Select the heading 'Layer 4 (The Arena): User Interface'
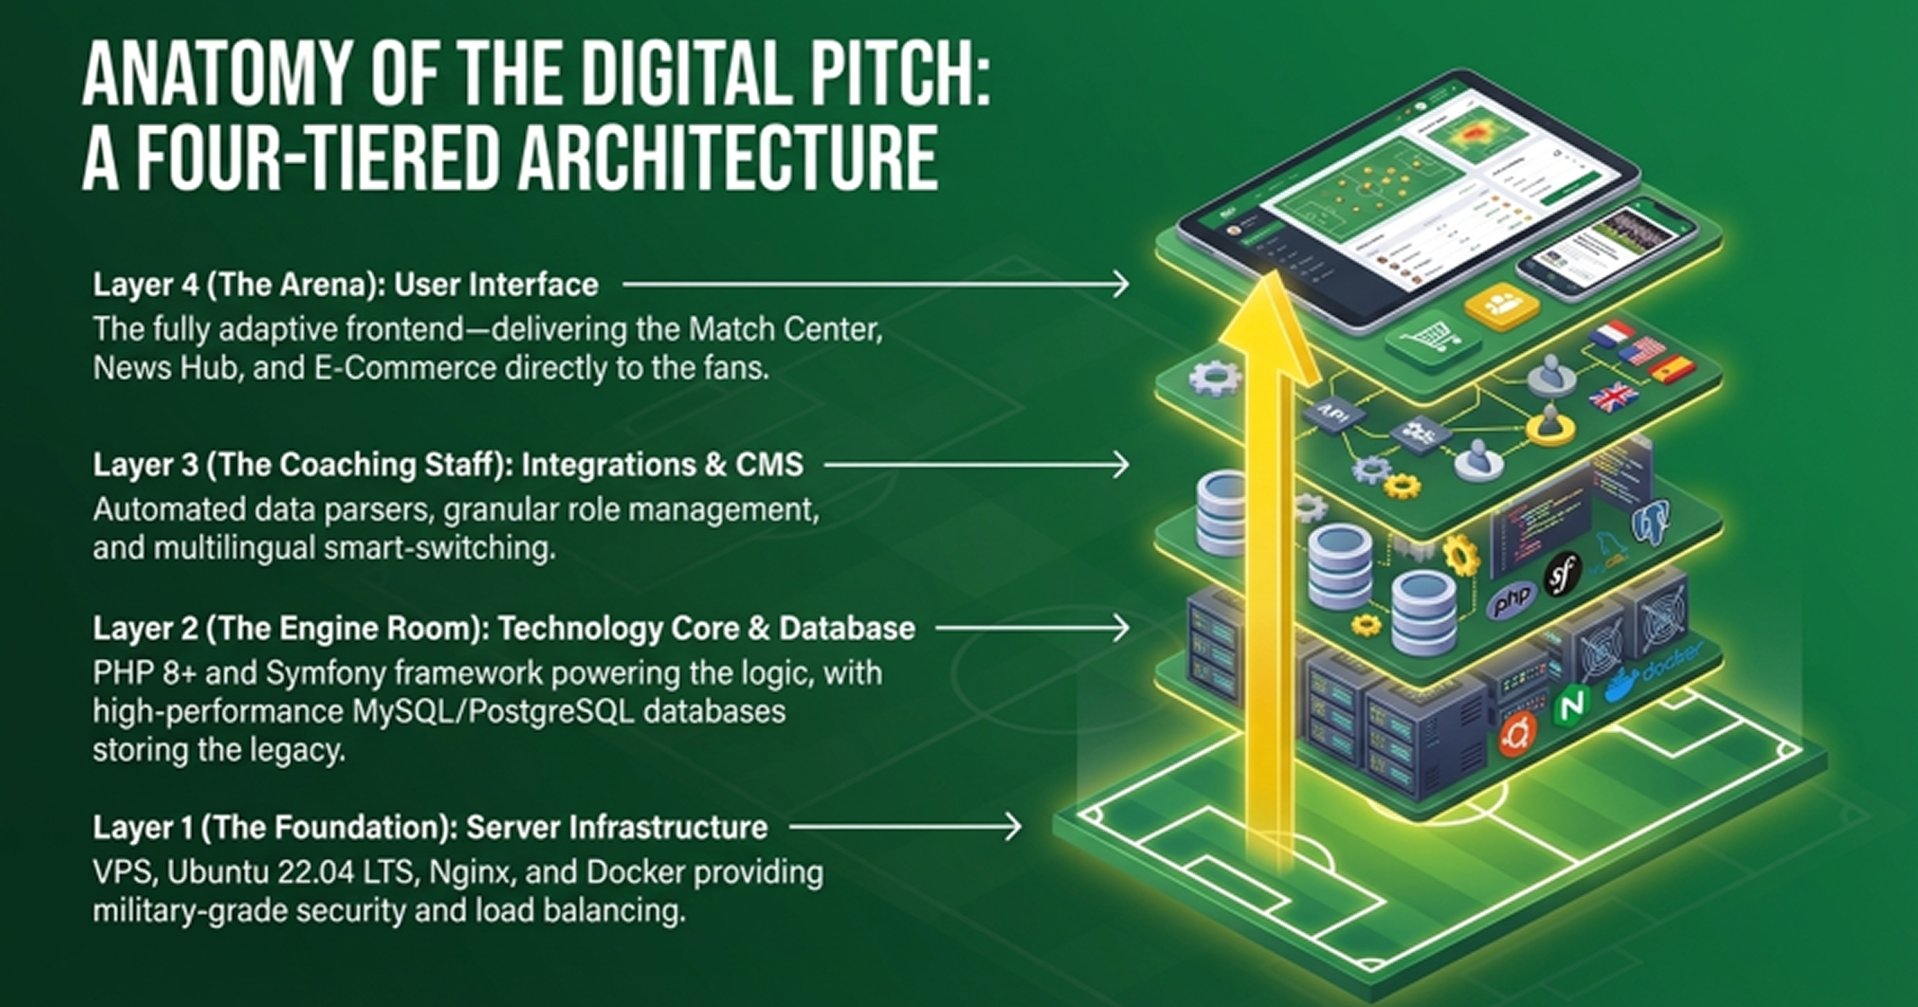[345, 284]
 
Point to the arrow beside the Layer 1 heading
[904, 826]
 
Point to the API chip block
[1332, 414]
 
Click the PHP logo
[1512, 599]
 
